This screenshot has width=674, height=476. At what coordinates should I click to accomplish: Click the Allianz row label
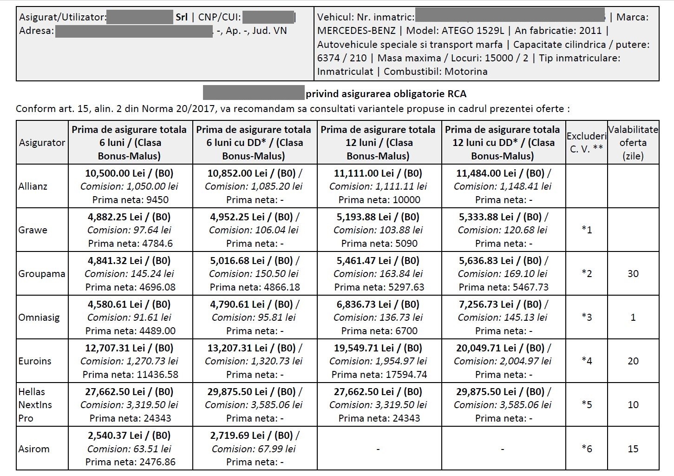point(33,186)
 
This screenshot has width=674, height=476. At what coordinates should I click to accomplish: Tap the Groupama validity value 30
point(633,274)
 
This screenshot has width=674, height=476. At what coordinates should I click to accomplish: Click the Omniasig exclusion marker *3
point(587,317)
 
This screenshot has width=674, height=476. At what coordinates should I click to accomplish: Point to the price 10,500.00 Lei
point(113,173)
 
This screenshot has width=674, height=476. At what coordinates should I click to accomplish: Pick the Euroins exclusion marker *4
point(587,361)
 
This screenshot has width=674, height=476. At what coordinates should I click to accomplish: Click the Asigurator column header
point(42,143)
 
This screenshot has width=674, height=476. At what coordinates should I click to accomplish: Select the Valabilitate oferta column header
point(633,143)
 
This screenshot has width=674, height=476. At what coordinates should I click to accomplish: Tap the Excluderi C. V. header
point(586,143)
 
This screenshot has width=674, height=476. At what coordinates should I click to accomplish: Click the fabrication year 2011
point(590,31)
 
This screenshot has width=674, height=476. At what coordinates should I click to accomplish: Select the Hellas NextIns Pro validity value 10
point(633,405)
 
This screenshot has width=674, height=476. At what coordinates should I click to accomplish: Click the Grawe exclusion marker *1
point(587,230)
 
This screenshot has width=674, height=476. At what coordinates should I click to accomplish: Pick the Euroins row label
point(35,361)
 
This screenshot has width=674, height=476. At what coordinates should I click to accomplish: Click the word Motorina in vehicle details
point(466,72)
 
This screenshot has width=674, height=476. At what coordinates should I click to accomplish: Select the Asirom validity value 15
point(633,449)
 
